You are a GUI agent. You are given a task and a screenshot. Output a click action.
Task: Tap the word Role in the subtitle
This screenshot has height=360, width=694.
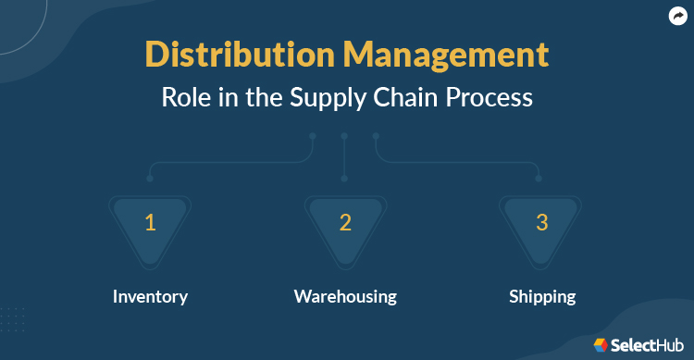coord(186,97)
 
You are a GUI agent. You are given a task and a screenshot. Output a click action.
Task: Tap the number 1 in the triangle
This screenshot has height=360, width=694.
coord(150,222)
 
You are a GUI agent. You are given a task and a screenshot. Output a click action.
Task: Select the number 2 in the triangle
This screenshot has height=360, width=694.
coord(345,222)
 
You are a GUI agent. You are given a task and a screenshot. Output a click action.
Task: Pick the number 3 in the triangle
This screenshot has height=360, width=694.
coord(542,222)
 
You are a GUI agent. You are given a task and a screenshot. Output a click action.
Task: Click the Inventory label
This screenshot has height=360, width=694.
coord(150,297)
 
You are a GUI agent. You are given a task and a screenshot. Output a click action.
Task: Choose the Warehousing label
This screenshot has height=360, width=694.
coord(345,297)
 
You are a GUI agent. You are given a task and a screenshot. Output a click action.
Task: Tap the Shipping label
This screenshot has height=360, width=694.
coord(542,297)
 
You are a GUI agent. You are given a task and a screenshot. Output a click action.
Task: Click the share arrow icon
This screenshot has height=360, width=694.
coord(676,16)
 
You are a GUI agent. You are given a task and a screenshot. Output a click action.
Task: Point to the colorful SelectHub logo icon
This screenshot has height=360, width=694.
coord(601,344)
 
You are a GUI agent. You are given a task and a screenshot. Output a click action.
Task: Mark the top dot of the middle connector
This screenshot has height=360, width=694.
coord(344,137)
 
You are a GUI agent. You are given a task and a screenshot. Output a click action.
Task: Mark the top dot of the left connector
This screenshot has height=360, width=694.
coord(313,137)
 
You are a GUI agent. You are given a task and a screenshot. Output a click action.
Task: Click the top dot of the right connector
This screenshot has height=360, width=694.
coord(376,137)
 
